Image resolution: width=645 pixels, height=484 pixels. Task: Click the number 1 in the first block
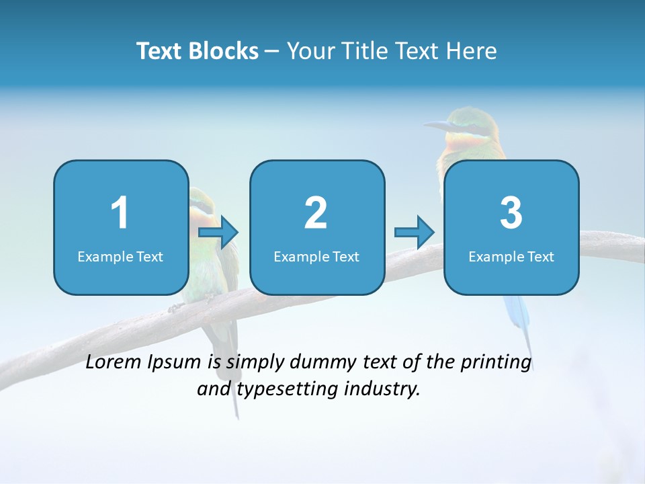(x=120, y=213)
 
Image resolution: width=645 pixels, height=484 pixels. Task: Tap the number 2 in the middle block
(x=316, y=213)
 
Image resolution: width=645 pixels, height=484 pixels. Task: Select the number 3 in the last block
(x=511, y=213)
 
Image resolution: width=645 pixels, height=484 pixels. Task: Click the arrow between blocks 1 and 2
(x=219, y=233)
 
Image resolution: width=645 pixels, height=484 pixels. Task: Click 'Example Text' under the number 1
(x=120, y=256)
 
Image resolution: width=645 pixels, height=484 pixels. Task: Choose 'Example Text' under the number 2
(x=316, y=256)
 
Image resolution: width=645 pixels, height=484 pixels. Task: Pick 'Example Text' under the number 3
(x=511, y=256)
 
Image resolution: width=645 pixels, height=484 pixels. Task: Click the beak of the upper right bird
(x=436, y=125)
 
